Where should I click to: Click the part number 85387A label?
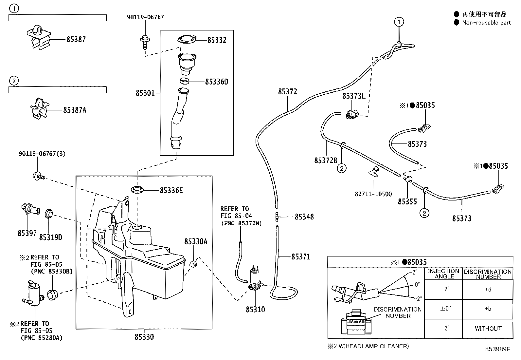[75, 110]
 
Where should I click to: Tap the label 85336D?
[216, 82]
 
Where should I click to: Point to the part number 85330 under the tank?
[144, 337]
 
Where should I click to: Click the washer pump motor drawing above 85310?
[255, 279]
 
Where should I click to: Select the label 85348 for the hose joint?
[304, 217]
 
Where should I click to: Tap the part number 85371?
[301, 256]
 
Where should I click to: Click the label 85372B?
[325, 161]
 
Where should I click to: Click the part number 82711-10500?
[373, 194]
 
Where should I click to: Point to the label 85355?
[407, 202]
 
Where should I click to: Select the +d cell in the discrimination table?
[488, 290]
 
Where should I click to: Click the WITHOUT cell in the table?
[488, 329]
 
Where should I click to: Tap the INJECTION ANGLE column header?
[443, 274]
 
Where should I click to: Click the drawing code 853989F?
[497, 349]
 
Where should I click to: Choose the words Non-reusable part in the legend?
[486, 23]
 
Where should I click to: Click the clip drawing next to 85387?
[38, 38]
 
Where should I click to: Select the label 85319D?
[50, 237]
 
